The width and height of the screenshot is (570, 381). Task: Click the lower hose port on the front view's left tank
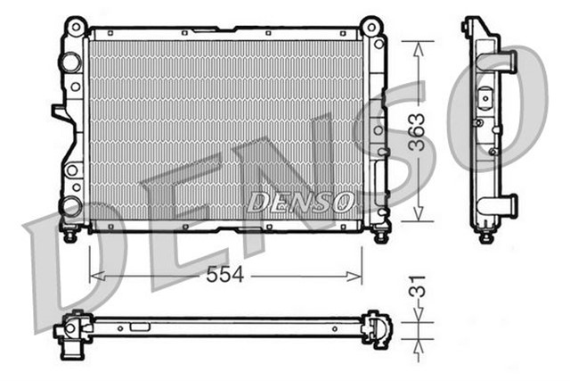[69, 207]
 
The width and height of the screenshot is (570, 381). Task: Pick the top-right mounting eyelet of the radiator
[371, 24]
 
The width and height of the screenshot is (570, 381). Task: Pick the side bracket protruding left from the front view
[59, 112]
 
